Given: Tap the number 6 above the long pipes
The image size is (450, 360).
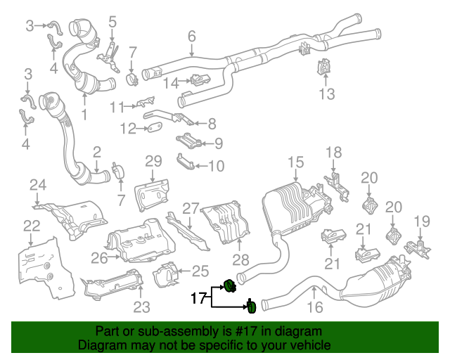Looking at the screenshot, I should (191, 36).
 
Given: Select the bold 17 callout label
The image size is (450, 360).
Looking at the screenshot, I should (199, 298).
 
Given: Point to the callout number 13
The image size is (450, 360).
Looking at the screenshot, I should (327, 94).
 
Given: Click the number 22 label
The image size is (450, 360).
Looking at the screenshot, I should (32, 226).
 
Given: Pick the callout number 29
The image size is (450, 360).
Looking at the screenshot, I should (153, 162).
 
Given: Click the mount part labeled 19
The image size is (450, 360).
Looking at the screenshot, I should (419, 249).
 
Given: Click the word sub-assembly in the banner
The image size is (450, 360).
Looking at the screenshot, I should (151, 331).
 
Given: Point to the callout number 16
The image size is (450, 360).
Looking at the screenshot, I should (314, 307).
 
